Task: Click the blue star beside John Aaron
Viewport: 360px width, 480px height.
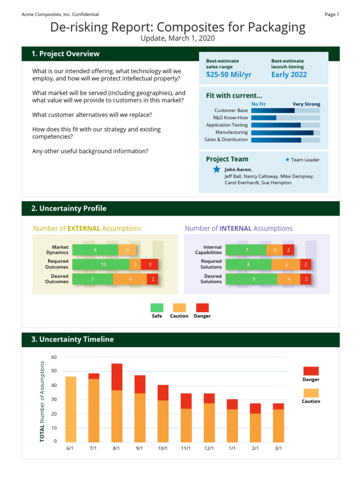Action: pos(217,169)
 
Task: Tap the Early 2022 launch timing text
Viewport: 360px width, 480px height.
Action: pos(289,75)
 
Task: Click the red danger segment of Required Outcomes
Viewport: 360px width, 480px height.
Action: pos(150,264)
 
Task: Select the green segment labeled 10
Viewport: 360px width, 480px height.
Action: pos(101,264)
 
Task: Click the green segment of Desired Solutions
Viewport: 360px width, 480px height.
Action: pos(251,279)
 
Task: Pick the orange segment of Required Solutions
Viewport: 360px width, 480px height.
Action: pos(286,264)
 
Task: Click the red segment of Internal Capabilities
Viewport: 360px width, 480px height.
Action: pos(289,250)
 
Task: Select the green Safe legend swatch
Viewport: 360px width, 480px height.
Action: pos(157,308)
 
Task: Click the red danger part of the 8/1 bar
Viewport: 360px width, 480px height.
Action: pos(117,377)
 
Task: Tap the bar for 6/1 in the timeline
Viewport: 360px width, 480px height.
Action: pos(71,409)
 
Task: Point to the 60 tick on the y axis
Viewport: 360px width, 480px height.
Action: pos(54,357)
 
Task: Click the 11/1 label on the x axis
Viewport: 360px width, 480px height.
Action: pos(186,448)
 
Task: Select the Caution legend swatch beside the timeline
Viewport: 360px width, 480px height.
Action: pos(311,393)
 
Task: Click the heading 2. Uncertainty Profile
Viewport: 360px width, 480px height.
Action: pos(69,209)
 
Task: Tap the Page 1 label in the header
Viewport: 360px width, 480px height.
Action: pos(331,15)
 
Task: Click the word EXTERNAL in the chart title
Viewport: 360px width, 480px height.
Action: pos(84,229)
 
